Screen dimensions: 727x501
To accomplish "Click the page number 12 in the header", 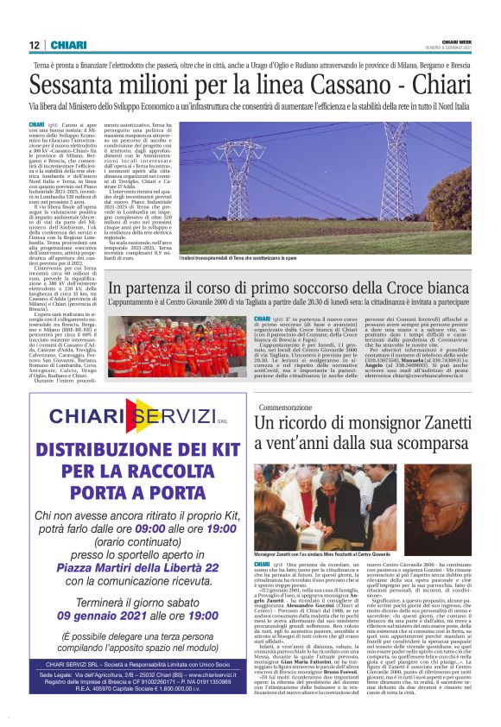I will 34,45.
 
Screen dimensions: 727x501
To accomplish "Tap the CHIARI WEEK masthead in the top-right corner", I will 455,41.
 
